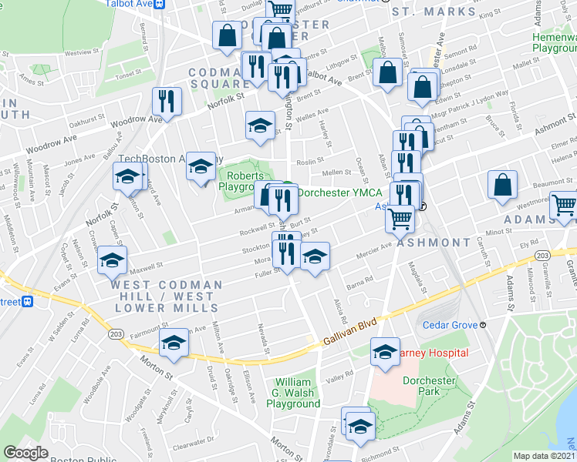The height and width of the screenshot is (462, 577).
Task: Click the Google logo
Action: tap(25, 453)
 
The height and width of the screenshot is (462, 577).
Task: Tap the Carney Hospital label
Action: tap(433, 353)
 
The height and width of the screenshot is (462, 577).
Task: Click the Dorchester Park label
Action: tap(429, 385)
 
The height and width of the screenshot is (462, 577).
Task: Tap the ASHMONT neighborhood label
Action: tap(434, 242)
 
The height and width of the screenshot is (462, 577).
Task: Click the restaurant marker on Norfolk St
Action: tap(167, 100)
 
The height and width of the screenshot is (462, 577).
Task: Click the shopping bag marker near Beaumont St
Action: tap(502, 186)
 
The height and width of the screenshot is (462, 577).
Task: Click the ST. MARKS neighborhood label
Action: tap(444, 12)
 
